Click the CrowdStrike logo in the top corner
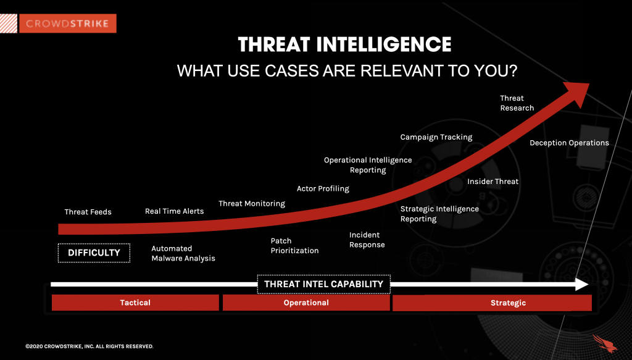click(67, 23)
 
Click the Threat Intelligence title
click(344, 44)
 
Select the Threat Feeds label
click(88, 212)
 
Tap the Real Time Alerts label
click(174, 211)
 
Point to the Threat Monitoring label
click(252, 204)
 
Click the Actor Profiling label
click(323, 188)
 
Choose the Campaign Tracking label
click(436, 137)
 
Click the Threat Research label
click(517, 103)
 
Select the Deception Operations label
click(569, 143)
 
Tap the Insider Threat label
click(493, 182)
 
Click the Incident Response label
click(367, 240)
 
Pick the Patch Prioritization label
click(294, 246)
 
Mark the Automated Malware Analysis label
click(183, 253)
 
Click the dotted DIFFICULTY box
click(94, 253)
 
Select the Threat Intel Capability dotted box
click(323, 284)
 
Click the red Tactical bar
click(135, 303)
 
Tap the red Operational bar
click(306, 303)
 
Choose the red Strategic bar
click(492, 303)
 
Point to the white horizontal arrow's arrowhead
click(581, 285)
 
